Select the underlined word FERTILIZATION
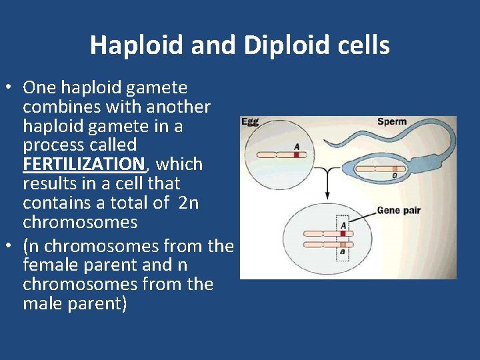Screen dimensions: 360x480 click(83, 164)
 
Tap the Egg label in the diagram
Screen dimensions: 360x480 click(250, 123)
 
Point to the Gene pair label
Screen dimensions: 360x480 click(399, 211)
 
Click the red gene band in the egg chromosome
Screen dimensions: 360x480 click(296, 155)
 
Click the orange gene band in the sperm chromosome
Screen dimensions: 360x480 click(395, 169)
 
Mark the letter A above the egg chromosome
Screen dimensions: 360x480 click(296, 146)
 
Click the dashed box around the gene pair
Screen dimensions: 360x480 click(343, 239)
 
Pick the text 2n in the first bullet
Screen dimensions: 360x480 click(189, 203)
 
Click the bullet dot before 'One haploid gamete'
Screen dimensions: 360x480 click(10, 88)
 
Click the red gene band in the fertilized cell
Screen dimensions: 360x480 click(343, 233)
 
